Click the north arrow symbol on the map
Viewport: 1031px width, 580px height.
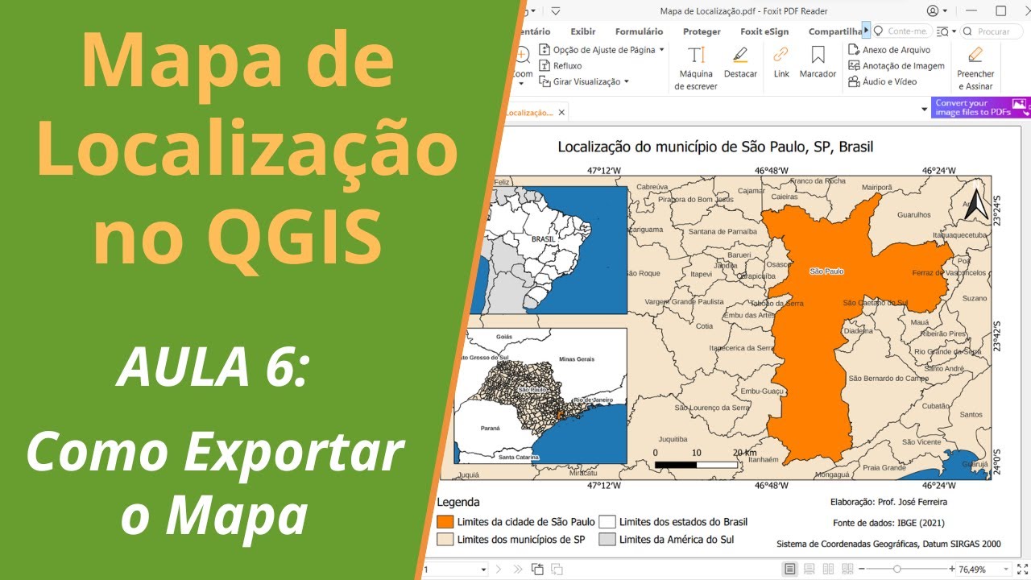(x=977, y=205)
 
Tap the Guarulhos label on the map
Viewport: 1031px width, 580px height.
(x=913, y=215)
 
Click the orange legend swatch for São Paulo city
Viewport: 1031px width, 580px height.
(x=445, y=522)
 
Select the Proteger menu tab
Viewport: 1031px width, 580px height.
(x=702, y=31)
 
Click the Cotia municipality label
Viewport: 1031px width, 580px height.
(x=705, y=326)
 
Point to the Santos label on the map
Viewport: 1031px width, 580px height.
(x=971, y=415)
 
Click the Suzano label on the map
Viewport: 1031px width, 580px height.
(x=975, y=298)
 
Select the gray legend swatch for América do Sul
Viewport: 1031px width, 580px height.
(x=607, y=540)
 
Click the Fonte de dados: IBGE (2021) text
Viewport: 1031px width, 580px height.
(x=888, y=522)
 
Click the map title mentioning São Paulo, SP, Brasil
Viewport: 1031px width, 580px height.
(x=715, y=147)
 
